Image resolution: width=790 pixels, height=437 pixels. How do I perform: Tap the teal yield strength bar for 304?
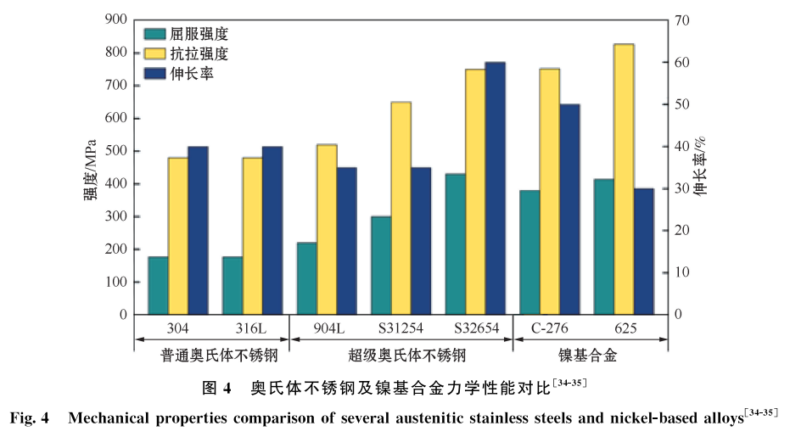click(158, 285)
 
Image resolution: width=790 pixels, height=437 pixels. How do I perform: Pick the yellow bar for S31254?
click(401, 208)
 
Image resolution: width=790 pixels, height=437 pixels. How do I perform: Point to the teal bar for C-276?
click(529, 252)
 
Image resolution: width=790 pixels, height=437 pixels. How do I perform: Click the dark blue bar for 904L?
click(346, 241)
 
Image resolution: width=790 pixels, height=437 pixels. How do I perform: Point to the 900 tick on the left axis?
click(116, 20)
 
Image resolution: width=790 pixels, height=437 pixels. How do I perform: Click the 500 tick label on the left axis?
click(116, 151)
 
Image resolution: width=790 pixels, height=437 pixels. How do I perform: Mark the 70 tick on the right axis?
click(681, 20)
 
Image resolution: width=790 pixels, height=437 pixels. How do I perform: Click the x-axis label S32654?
click(475, 328)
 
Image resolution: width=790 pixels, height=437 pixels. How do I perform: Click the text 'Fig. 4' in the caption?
click(31, 417)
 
